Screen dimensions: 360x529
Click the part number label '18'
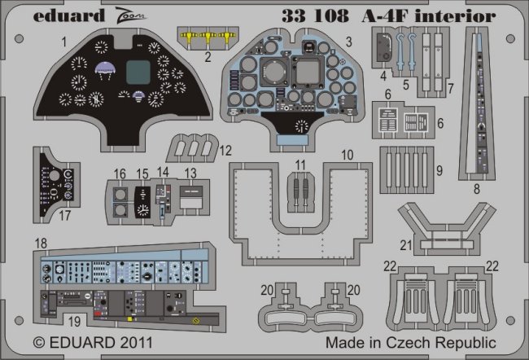coord(42,243)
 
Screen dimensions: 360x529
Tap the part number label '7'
coord(450,87)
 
